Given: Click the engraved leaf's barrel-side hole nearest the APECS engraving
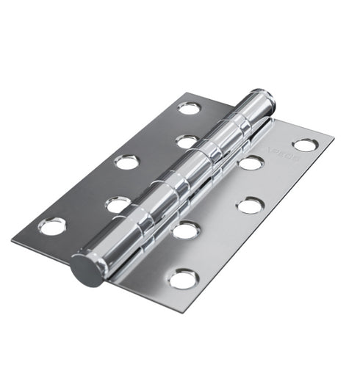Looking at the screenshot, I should click(x=251, y=162).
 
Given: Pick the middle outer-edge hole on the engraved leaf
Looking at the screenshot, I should click(x=250, y=206).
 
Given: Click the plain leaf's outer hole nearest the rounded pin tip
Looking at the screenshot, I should click(x=189, y=109).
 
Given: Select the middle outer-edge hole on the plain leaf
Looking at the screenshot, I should click(x=126, y=162).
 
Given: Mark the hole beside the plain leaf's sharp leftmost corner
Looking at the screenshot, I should click(x=52, y=226).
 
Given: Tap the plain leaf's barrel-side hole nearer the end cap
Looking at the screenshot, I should click(x=118, y=204).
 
